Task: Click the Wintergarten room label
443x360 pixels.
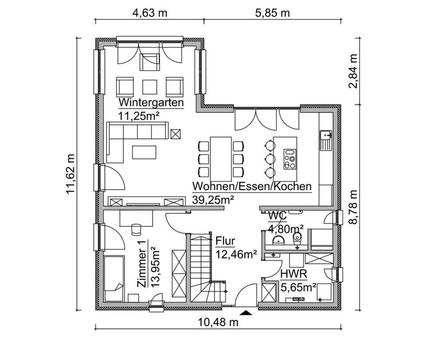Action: [151, 102]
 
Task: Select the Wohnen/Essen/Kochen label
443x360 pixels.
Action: [252, 187]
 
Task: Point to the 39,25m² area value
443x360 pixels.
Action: [213, 200]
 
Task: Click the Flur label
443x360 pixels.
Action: [225, 241]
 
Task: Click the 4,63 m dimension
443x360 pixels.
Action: [150, 13]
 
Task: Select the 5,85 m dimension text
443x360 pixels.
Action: [272, 13]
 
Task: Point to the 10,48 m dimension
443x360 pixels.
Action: [218, 322]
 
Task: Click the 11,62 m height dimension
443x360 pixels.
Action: [70, 174]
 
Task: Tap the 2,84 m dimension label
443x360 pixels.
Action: [353, 71]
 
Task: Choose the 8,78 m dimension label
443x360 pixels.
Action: [353, 207]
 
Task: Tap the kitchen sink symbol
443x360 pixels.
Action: [326, 140]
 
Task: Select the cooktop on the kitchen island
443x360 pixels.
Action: [290, 159]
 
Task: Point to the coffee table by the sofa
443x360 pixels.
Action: [144, 152]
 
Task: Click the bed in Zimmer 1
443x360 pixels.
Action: [114, 279]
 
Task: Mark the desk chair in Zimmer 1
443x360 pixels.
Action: [136, 229]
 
